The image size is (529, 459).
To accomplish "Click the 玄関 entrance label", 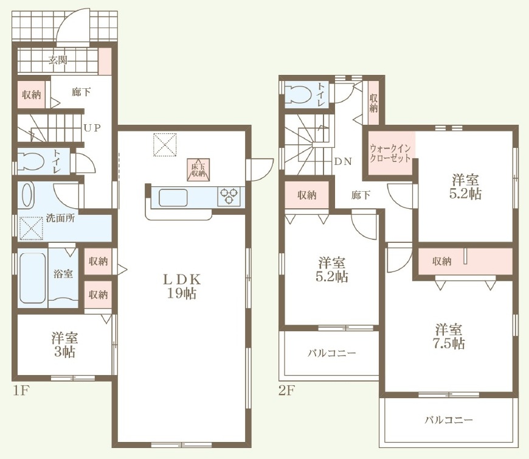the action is pyautogui.click(x=58, y=60).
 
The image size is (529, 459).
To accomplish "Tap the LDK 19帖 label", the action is pyautogui.click(x=182, y=286).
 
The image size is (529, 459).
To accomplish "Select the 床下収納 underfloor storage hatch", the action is pyautogui.click(x=198, y=170).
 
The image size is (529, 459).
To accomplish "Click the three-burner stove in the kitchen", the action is pyautogui.click(x=229, y=196).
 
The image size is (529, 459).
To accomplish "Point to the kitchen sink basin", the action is pyautogui.click(x=173, y=197).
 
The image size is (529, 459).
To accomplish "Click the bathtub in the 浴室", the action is pyautogui.click(x=33, y=278).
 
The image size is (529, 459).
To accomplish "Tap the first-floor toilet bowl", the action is pyautogui.click(x=30, y=161).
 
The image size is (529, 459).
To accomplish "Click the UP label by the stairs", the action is pyautogui.click(x=92, y=128).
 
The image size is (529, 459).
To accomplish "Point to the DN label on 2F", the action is pyautogui.click(x=343, y=161).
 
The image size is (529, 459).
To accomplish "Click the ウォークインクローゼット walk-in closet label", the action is pyautogui.click(x=390, y=153).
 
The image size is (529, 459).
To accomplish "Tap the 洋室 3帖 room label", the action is pyautogui.click(x=65, y=345).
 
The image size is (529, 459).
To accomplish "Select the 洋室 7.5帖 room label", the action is pyautogui.click(x=449, y=336).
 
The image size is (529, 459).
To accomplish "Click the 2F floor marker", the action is pyautogui.click(x=288, y=390).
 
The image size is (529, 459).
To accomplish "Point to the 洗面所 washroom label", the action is pyautogui.click(x=60, y=218).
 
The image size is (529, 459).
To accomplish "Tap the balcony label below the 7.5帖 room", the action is pyautogui.click(x=449, y=420).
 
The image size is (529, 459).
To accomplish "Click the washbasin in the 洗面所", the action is pyautogui.click(x=28, y=195).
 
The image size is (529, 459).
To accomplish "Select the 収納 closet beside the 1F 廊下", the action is pyautogui.click(x=32, y=95).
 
